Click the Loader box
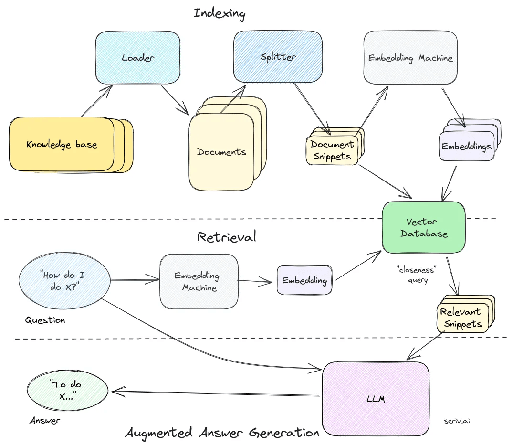click(137, 57)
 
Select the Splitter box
click(278, 56)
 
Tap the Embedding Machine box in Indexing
click(410, 58)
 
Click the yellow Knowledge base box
click(62, 144)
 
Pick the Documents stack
click(222, 152)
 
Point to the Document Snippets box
click(332, 150)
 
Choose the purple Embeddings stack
click(466, 146)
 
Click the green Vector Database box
click(423, 227)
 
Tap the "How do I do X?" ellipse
click(64, 281)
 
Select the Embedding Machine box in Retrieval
click(199, 281)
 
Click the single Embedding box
click(304, 280)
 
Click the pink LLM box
click(376, 398)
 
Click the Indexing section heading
click(219, 13)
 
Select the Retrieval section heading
click(227, 236)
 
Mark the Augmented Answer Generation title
click(222, 433)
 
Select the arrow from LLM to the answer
click(215, 393)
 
